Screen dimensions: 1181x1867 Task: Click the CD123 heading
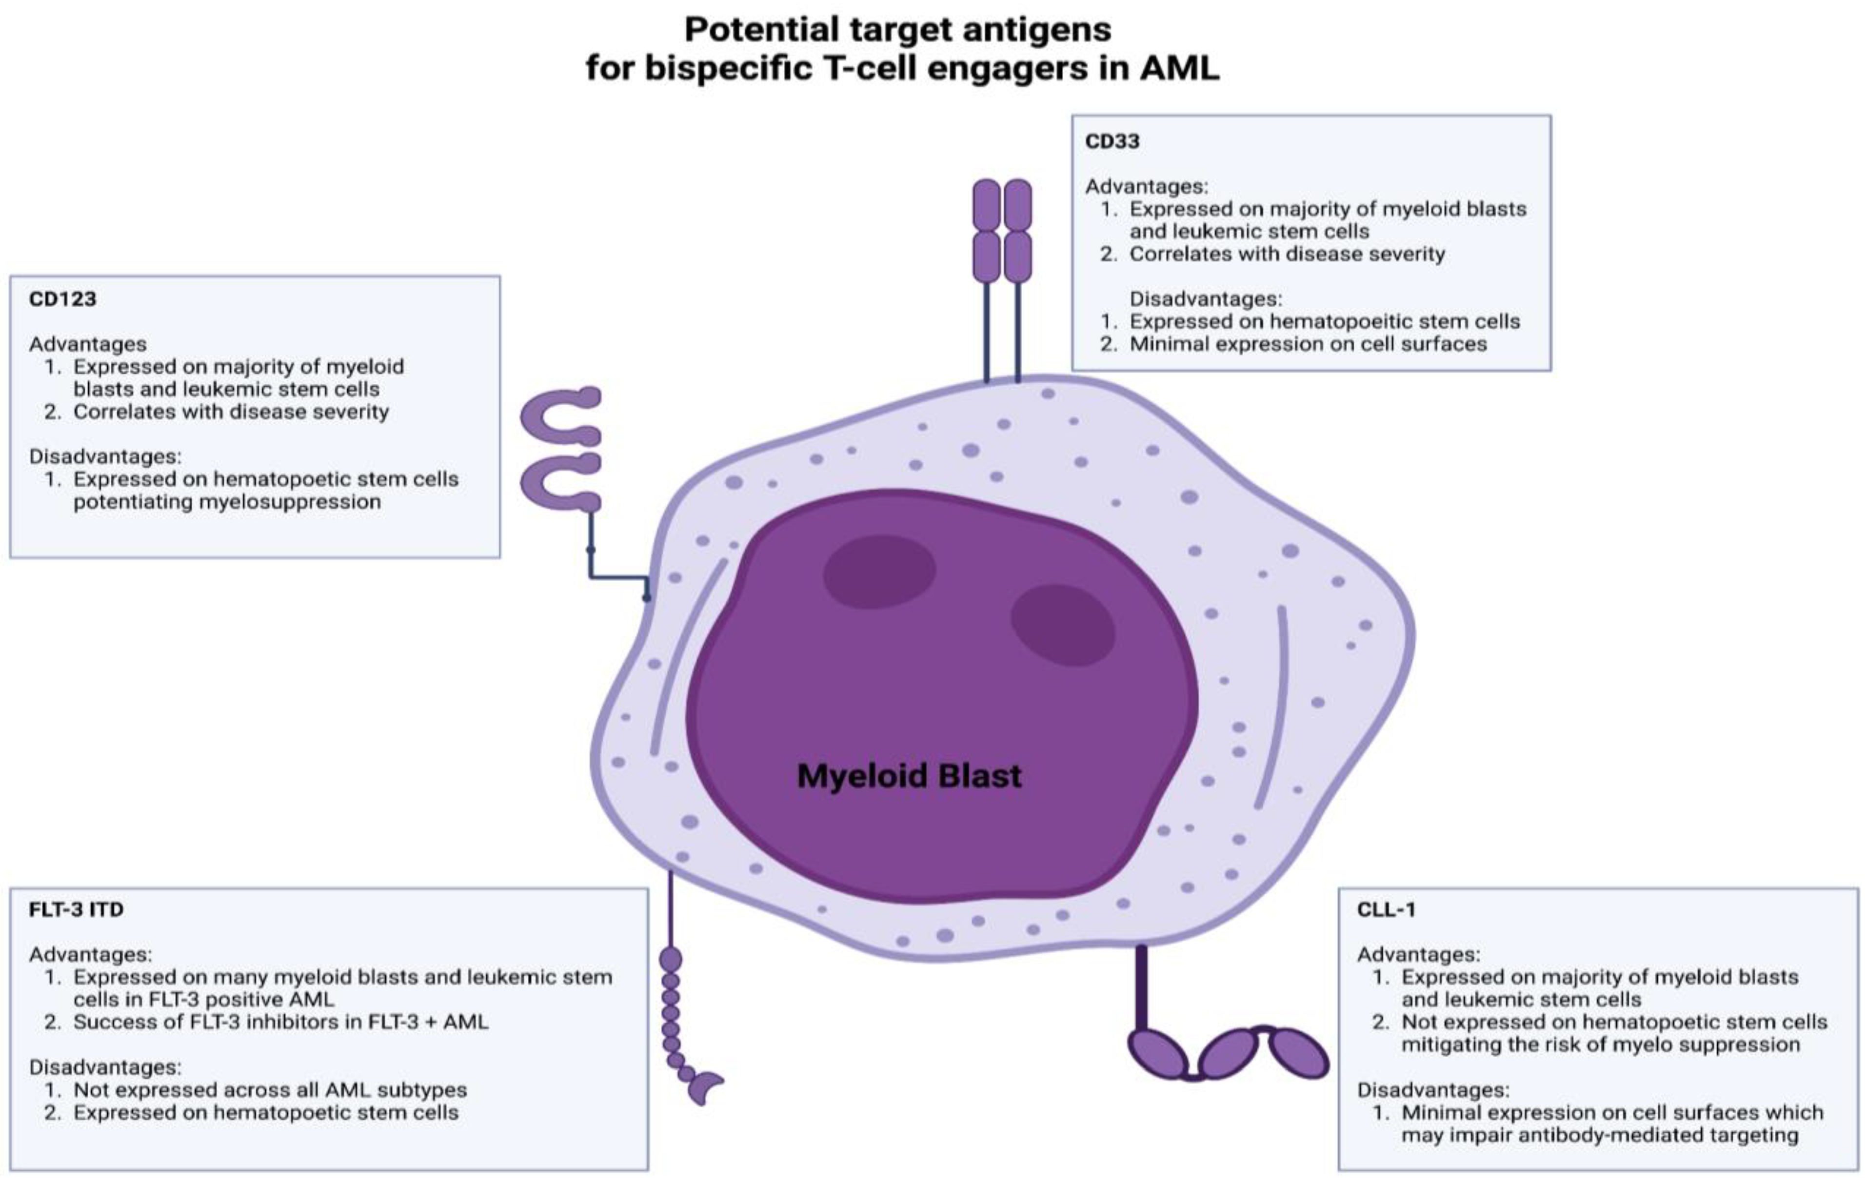[62, 299]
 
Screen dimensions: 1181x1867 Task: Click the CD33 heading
[1112, 142]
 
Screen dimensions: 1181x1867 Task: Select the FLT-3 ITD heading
[76, 909]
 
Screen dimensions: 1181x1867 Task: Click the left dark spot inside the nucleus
[879, 571]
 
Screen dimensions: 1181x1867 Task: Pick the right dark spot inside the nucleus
[1062, 625]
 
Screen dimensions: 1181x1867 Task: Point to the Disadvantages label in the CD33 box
[1206, 299]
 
